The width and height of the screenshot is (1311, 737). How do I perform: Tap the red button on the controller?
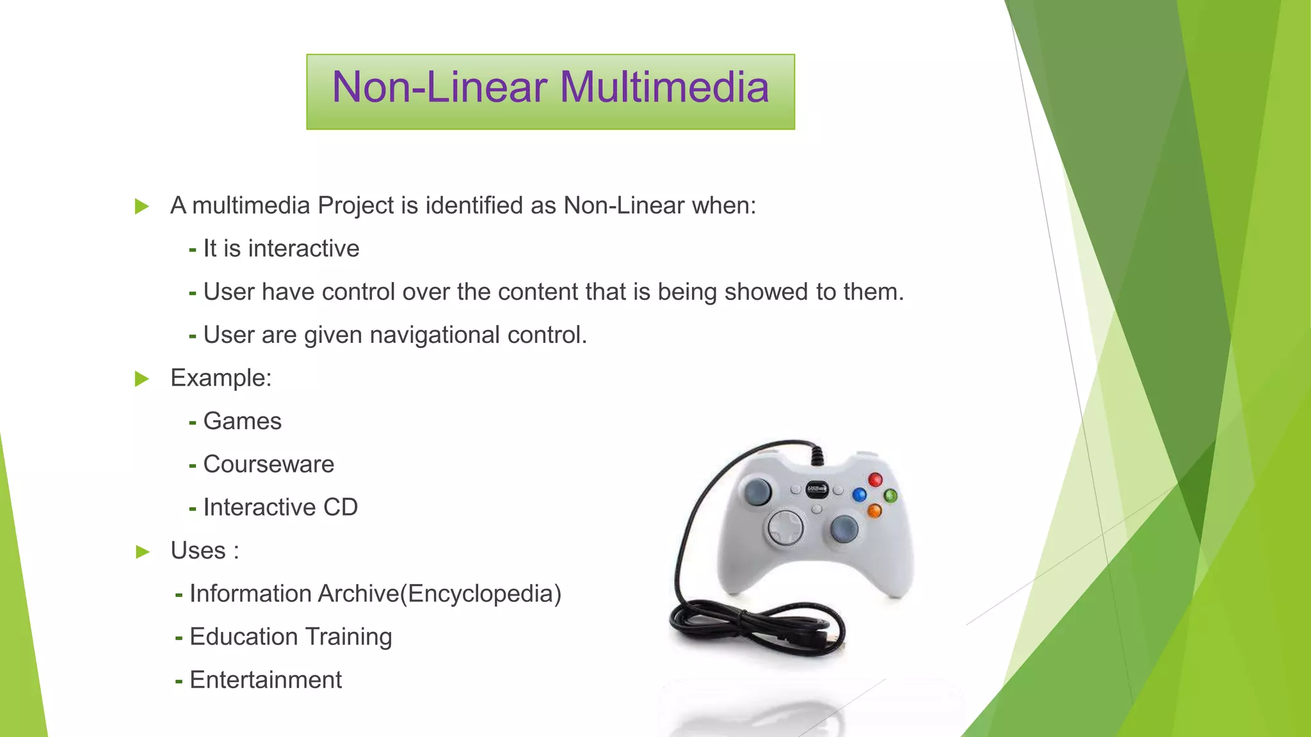tap(875, 480)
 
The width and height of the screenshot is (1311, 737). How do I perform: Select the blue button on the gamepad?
tap(860, 495)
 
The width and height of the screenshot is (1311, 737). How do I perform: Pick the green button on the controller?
tap(890, 495)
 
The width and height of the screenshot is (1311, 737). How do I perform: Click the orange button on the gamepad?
tap(874, 511)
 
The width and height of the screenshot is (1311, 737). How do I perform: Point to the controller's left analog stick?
tap(758, 491)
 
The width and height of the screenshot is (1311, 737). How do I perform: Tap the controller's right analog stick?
tap(844, 528)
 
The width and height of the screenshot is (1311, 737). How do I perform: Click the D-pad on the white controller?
tap(785, 527)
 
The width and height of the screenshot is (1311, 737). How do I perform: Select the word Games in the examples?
tap(243, 422)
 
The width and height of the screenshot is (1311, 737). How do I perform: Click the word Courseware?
tap(269, 464)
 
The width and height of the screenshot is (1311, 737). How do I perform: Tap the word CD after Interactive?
tap(341, 507)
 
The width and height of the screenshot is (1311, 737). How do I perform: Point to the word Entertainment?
tap(266, 680)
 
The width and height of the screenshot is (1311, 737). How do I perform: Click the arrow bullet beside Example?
tap(142, 379)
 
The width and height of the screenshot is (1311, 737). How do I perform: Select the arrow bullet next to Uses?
tap(142, 551)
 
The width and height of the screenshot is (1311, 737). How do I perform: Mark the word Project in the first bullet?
tap(356, 206)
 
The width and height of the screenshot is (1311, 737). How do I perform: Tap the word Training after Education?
tap(348, 637)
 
